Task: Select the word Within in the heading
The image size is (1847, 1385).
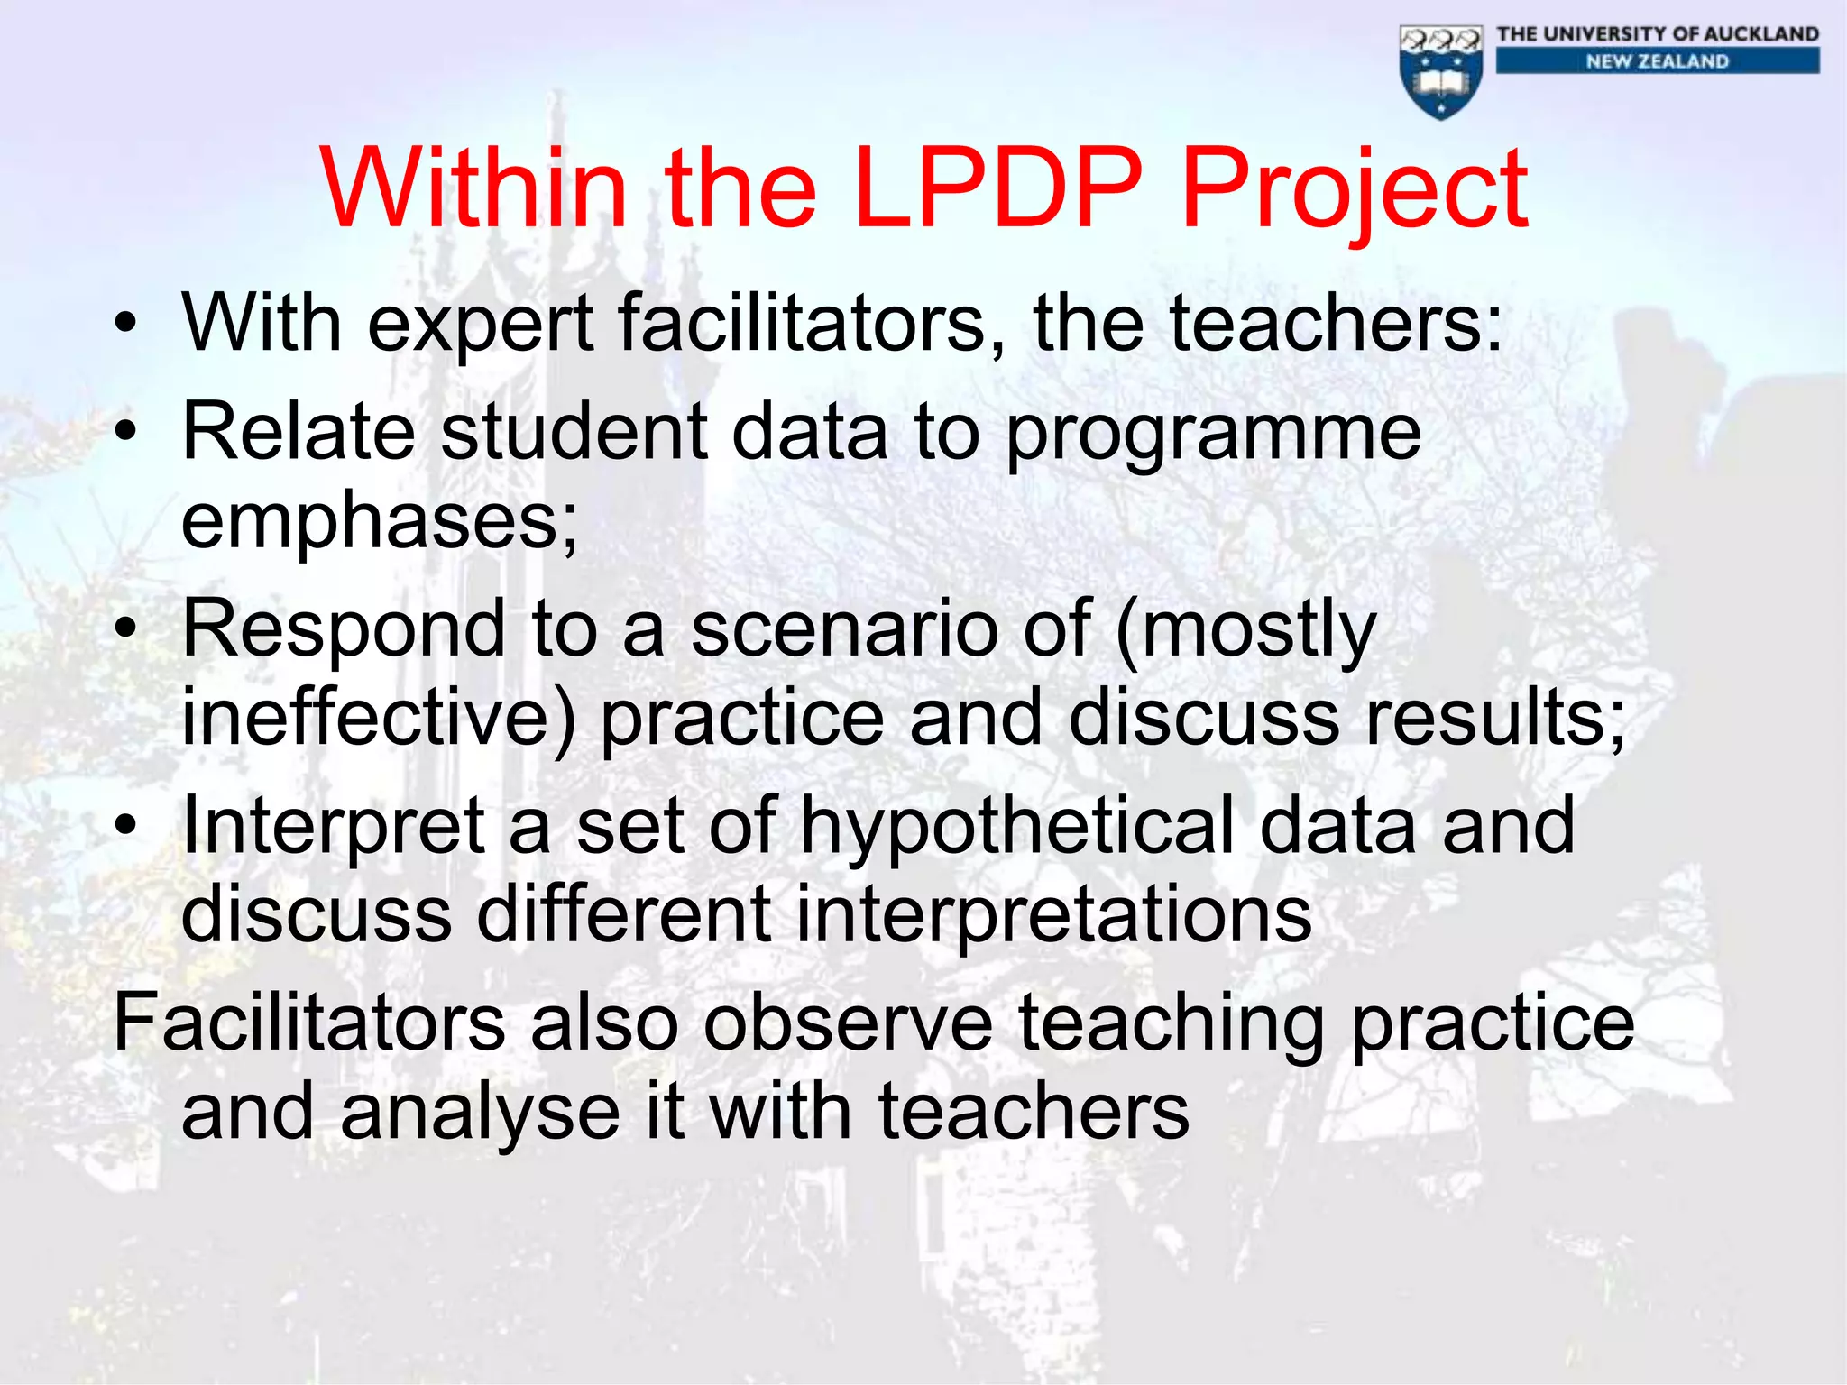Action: (x=473, y=188)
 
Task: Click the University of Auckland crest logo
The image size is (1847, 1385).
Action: (x=1441, y=72)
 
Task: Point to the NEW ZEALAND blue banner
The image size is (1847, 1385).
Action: (x=1658, y=61)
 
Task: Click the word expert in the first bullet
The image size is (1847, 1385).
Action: (x=481, y=325)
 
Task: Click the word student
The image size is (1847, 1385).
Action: (x=574, y=432)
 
